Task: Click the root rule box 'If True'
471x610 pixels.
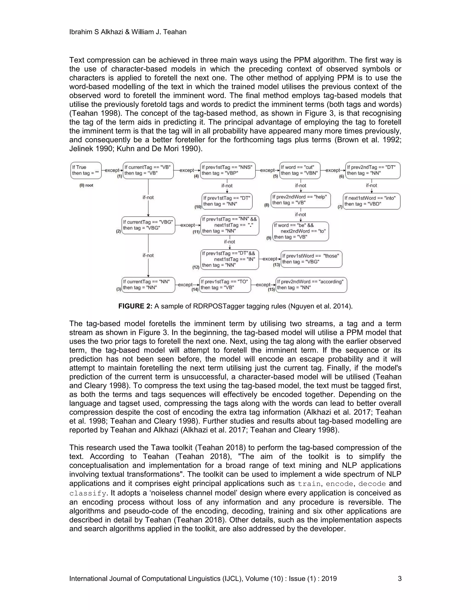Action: pos(86,170)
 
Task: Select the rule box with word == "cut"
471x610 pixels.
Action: pos(300,170)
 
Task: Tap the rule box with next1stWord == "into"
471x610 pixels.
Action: pos(371,201)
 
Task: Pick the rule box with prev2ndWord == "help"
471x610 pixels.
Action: pos(301,200)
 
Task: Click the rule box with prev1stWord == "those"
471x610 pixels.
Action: pos(311,259)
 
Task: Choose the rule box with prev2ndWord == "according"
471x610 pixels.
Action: pos(311,285)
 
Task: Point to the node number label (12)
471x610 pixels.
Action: pos(196,267)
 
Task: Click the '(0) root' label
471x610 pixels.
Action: pos(86,185)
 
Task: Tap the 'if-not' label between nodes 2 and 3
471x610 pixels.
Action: pos(148,255)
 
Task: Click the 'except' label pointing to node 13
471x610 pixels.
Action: pos(270,259)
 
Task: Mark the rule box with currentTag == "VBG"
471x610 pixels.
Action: pos(148,225)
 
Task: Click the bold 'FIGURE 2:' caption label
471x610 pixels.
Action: pos(135,306)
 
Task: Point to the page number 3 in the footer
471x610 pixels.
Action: pos(399,578)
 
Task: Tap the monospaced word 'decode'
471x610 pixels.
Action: pos(372,484)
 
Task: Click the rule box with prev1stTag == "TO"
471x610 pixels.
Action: pos(225,285)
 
